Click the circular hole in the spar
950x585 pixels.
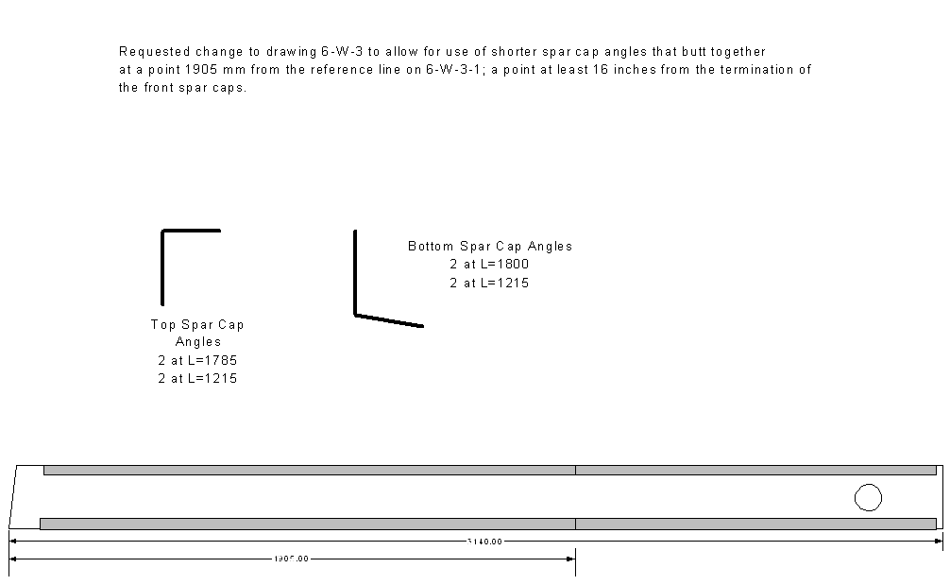point(867,497)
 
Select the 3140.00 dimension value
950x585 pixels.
point(484,542)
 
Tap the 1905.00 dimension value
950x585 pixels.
point(291,559)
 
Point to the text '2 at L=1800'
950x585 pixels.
point(489,264)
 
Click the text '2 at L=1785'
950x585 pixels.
point(197,360)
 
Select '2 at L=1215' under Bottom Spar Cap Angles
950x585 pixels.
point(489,282)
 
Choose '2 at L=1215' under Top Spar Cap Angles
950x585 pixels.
point(197,378)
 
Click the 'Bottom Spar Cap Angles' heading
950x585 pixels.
point(489,246)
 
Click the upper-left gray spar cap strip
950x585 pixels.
point(309,470)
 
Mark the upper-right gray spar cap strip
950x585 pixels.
point(755,470)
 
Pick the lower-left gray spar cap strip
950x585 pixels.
point(307,524)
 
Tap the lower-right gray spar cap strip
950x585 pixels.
point(755,524)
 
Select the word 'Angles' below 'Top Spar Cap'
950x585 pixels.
point(197,342)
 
